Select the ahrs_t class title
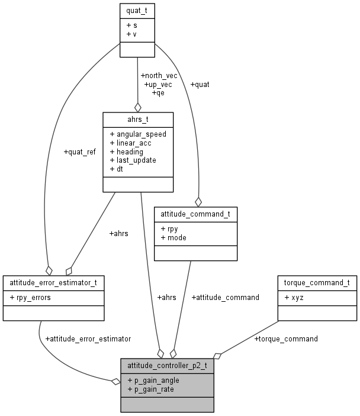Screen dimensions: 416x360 138,118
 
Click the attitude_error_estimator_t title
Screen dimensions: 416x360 49,282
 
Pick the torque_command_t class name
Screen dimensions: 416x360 317,282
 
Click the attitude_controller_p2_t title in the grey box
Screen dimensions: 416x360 167,365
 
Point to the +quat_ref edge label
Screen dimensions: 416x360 79,151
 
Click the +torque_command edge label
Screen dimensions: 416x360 286,338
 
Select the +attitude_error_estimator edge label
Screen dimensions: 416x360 88,338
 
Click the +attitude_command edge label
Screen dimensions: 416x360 226,297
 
